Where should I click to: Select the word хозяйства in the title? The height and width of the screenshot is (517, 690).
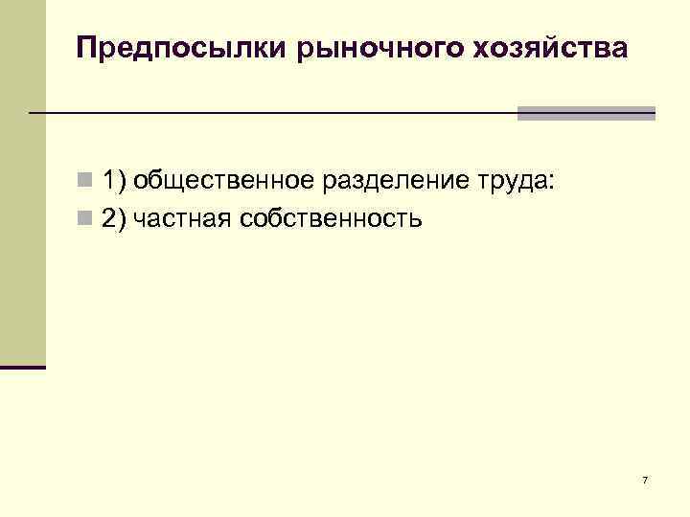[551, 48]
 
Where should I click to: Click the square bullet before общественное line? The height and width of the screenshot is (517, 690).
[85, 180]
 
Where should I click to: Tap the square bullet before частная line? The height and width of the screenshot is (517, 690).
[85, 219]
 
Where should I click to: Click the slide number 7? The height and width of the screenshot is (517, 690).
[645, 480]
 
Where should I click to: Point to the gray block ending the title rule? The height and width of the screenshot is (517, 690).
[586, 113]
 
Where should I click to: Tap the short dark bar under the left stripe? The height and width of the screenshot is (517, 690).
[22, 367]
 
